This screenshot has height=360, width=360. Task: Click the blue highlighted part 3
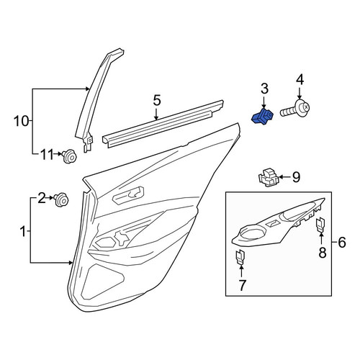262,117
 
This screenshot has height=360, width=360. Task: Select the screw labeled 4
295,109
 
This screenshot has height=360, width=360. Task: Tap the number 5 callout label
157,100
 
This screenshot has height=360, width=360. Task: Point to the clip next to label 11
69,156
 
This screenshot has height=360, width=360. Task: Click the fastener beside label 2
61,199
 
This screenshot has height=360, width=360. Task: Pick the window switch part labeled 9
269,177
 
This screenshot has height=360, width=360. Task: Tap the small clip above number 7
240,256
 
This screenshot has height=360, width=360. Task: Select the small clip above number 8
321,224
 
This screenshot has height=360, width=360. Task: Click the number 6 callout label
341,243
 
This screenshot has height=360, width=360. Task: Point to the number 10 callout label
22,121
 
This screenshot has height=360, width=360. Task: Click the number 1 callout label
23,232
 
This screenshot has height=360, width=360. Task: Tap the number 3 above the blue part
264,89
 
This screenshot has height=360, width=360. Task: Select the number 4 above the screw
300,80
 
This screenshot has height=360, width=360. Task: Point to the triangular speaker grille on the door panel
103,282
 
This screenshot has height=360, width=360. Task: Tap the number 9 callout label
296,177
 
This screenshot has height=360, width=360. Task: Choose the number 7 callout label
242,285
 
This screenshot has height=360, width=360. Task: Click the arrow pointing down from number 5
156,114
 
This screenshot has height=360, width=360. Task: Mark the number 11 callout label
47,155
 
